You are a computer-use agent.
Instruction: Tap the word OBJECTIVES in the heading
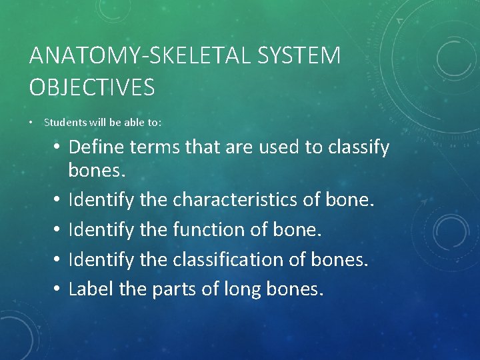point(92,87)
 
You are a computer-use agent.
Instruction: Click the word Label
point(89,289)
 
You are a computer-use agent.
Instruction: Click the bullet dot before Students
point(32,123)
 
